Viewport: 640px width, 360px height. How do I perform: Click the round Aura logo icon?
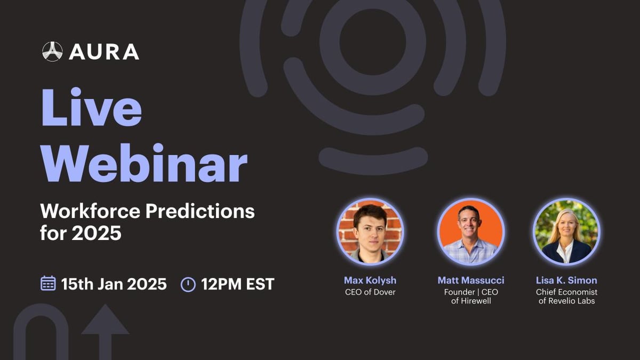point(52,52)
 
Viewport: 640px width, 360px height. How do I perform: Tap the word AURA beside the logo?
point(104,52)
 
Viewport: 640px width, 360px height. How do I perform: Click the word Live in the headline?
point(91,107)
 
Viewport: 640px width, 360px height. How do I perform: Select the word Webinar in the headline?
point(144,163)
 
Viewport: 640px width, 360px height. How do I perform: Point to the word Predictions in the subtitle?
point(200,212)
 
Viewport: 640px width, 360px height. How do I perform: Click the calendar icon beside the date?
point(48,283)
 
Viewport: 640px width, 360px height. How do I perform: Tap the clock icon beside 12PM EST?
point(188,284)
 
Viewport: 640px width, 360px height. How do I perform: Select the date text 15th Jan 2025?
point(114,284)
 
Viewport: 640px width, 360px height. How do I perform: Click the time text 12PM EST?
point(238,284)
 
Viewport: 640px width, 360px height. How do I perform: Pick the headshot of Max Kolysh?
point(370,231)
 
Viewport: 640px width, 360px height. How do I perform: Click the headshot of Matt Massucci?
point(471,231)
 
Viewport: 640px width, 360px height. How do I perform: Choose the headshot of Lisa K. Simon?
point(566,231)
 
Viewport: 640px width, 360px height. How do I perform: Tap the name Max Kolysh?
point(370,281)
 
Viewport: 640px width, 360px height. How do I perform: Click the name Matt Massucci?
point(471,281)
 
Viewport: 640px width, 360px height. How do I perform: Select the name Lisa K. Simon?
point(566,281)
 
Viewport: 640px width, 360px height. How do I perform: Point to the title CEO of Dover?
point(370,292)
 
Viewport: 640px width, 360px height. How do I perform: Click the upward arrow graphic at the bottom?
point(105,332)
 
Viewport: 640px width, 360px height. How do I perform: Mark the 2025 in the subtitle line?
point(97,233)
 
